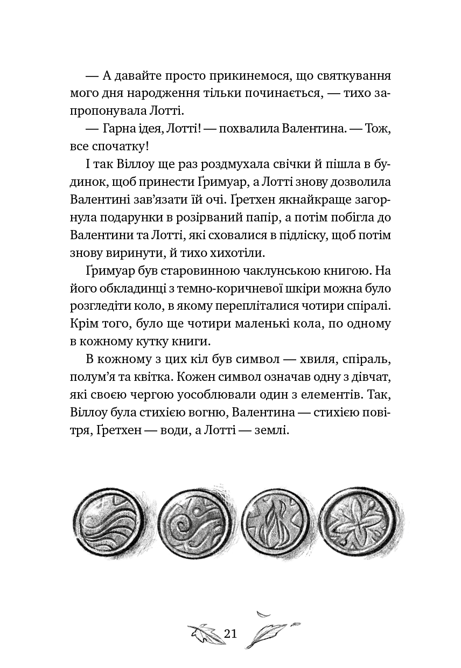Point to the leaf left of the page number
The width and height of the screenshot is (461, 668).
(x=204, y=633)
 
